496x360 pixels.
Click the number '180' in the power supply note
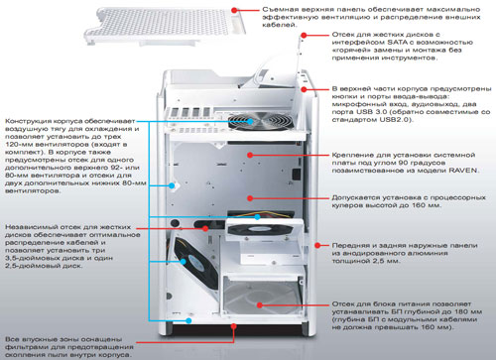pyautogui.click(x=472, y=311)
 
